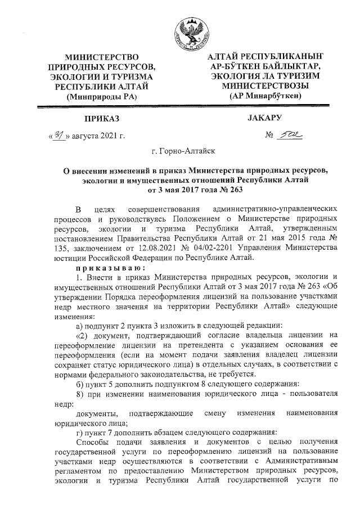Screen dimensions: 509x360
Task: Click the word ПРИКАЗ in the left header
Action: click(102, 120)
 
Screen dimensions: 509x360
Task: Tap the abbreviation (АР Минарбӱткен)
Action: click(265, 96)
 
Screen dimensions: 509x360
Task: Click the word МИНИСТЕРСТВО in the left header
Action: click(102, 57)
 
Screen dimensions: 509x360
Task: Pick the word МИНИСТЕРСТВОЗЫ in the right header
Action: click(265, 86)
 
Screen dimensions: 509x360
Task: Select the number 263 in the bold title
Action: click(220, 190)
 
